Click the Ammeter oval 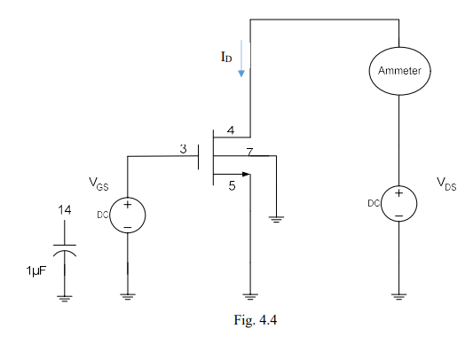pyautogui.click(x=399, y=69)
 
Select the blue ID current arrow pyautogui.click(x=240, y=64)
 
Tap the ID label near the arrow pyautogui.click(x=227, y=57)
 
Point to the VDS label pyautogui.click(x=446, y=184)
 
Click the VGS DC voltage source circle pyautogui.click(x=128, y=215)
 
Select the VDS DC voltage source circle pyautogui.click(x=399, y=204)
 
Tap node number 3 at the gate pyautogui.click(x=183, y=149)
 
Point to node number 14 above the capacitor pyautogui.click(x=65, y=211)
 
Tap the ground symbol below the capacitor pyautogui.click(x=65, y=298)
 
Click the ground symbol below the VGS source pyautogui.click(x=129, y=297)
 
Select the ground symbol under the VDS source pyautogui.click(x=399, y=296)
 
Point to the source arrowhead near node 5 pyautogui.click(x=246, y=174)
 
